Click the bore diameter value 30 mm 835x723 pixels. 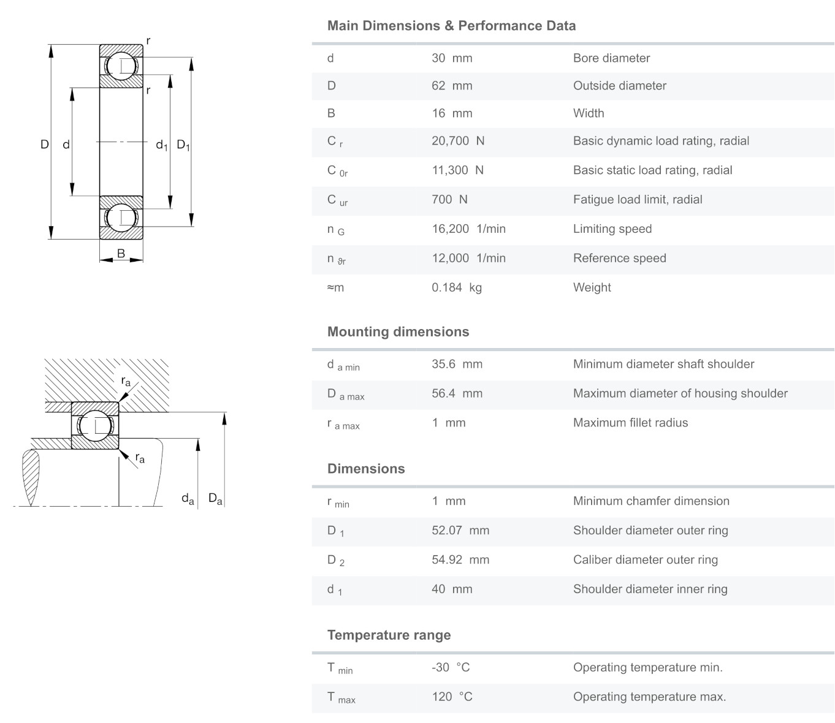pos(452,58)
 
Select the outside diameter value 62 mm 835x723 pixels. pos(452,86)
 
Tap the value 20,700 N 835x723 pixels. pos(458,141)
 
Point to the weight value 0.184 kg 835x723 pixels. pos(457,287)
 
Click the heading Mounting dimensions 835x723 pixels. pos(398,331)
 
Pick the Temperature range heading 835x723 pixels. pos(389,635)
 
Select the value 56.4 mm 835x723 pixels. pos(457,393)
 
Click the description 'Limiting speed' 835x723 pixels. pos(612,229)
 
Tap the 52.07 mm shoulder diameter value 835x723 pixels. pos(460,531)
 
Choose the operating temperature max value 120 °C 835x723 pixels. pos(452,697)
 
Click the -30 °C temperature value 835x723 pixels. pos(451,667)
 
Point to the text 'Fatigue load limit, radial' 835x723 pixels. pos(638,199)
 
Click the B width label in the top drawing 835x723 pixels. pos(121,253)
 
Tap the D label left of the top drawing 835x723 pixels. pos(44,145)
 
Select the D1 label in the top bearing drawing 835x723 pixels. pos(183,145)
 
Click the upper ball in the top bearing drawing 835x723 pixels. pos(121,66)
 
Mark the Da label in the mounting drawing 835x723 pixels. pos(215,499)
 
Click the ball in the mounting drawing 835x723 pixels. pos(95,426)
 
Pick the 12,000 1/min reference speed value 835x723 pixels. pos(468,258)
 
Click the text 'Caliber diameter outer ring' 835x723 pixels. pos(645,559)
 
